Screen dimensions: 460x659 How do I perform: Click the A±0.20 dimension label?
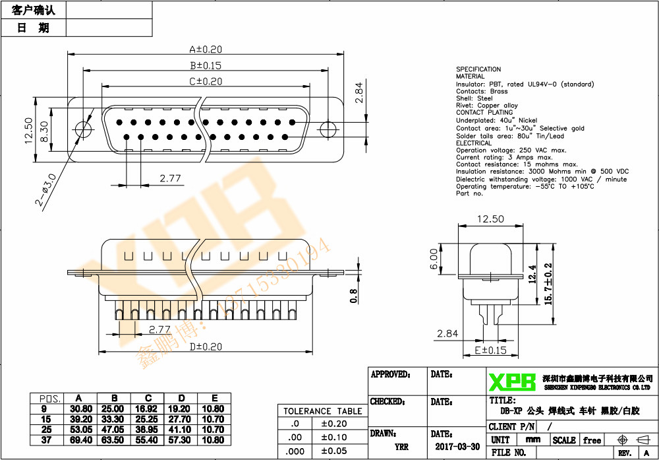(206, 49)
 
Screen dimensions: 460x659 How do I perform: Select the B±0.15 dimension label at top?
(206, 65)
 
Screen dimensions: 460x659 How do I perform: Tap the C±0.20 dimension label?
(206, 81)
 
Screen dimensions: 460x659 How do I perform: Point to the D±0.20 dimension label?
(206, 346)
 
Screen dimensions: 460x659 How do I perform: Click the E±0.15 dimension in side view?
(490, 350)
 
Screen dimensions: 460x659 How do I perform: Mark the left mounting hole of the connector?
(83, 128)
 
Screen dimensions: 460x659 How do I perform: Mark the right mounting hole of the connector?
(328, 128)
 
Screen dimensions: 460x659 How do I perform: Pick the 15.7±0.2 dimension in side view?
(548, 283)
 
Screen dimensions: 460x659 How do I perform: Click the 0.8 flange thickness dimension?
(353, 296)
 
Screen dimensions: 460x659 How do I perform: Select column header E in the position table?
(214, 398)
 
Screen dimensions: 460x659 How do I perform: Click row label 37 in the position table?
(46, 439)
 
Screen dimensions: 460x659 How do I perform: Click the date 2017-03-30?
(457, 446)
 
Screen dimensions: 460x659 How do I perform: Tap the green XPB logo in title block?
(512, 381)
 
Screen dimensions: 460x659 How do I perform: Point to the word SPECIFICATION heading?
(478, 69)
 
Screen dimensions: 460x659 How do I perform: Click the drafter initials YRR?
(401, 447)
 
